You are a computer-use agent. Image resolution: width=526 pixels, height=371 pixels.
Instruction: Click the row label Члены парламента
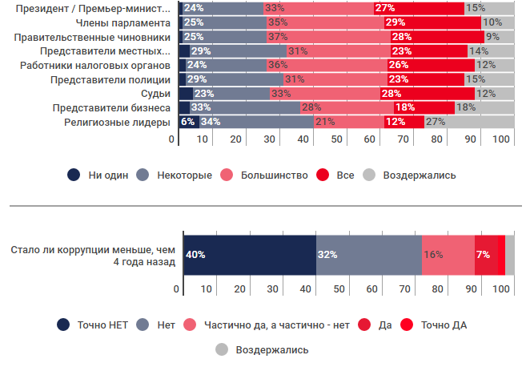tap(121, 22)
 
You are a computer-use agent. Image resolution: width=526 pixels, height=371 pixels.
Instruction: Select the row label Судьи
tap(155, 95)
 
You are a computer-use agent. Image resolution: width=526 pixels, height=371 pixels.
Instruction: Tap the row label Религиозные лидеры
tap(118, 123)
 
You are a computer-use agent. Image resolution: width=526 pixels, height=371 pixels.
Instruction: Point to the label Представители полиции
tap(110, 80)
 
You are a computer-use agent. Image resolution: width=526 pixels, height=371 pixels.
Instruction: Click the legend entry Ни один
tap(100, 175)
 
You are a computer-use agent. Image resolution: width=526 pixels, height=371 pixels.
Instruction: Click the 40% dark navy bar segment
tap(250, 255)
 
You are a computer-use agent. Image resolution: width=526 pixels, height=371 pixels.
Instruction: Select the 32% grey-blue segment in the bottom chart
tap(369, 255)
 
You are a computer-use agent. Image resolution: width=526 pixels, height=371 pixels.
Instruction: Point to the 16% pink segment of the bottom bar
tap(448, 255)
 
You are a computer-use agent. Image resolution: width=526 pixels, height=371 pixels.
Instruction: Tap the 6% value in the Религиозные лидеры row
tap(187, 122)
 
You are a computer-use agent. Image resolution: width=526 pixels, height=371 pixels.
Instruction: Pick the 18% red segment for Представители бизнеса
tap(404, 107)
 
